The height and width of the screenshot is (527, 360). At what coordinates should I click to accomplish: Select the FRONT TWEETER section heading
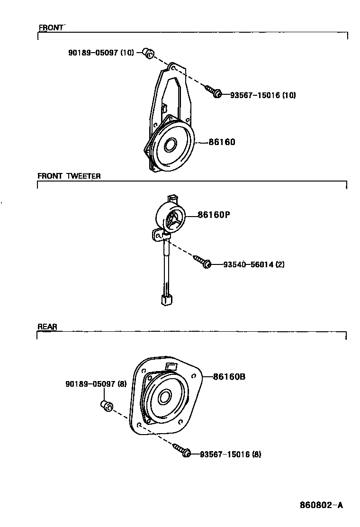click(x=69, y=176)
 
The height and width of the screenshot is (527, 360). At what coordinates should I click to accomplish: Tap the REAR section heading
click(x=47, y=327)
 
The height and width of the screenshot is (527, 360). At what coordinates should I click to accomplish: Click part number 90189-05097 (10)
click(x=101, y=53)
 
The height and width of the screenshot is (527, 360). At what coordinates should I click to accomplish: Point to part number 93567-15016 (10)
click(x=263, y=95)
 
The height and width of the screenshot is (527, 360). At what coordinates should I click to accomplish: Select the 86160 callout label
click(x=222, y=142)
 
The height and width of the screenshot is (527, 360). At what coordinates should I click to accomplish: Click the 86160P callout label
click(x=214, y=215)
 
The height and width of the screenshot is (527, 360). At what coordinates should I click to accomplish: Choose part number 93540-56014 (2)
click(x=254, y=264)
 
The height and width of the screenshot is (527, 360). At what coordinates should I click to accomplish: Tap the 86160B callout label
click(x=229, y=377)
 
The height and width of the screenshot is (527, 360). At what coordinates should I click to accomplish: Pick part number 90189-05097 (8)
click(x=96, y=384)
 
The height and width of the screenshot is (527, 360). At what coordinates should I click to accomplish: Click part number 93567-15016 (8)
click(x=230, y=454)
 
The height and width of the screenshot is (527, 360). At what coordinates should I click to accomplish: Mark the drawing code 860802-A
click(x=321, y=505)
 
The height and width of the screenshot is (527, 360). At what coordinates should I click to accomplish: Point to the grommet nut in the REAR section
click(x=106, y=406)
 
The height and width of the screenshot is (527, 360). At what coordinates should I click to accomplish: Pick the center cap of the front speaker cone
click(x=169, y=145)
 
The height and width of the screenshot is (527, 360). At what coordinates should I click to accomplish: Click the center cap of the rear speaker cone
click(x=164, y=397)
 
